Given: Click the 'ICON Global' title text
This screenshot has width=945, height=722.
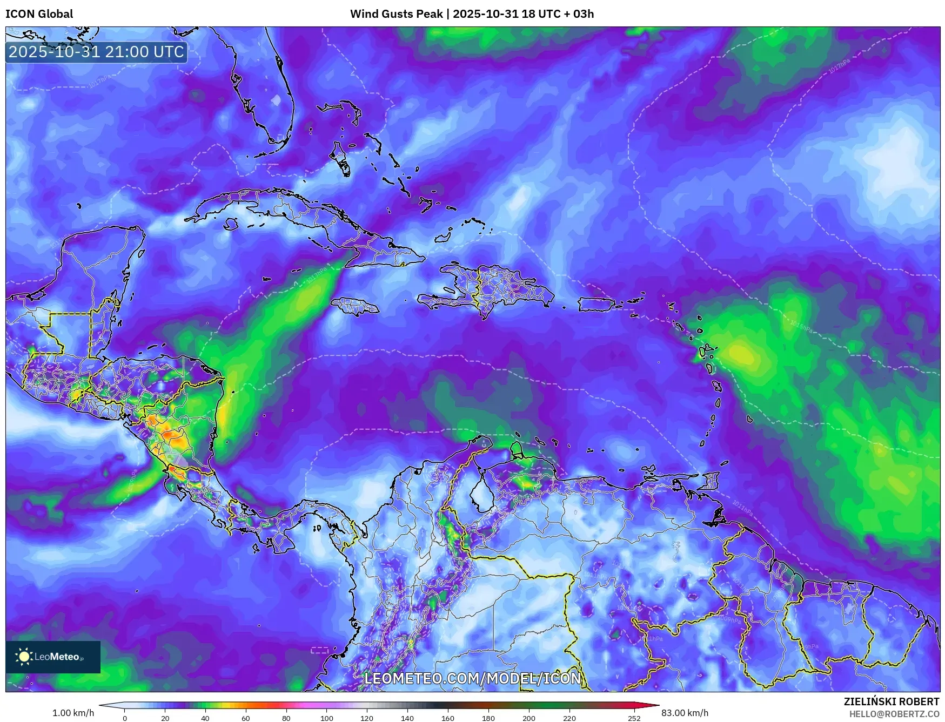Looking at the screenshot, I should click(39, 14).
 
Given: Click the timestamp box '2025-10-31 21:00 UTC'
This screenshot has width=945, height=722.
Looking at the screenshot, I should click(96, 52).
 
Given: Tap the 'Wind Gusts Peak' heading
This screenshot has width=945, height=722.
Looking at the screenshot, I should click(396, 14).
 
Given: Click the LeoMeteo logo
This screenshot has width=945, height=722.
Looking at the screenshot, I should click(53, 657).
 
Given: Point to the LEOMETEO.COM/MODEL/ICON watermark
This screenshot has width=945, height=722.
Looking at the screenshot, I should click(473, 678).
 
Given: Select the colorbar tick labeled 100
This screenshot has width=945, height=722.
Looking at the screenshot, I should click(326, 718).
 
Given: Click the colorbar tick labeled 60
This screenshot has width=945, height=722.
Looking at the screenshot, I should click(246, 718).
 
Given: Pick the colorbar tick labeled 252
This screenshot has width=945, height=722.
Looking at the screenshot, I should click(634, 718).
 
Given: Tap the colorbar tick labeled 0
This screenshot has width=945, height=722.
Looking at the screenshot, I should click(125, 718).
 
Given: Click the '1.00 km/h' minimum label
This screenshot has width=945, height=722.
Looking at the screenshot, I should click(73, 713).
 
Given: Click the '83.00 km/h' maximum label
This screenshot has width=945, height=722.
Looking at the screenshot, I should click(685, 713).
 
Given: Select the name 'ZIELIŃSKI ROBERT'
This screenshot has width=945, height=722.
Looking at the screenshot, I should click(891, 701).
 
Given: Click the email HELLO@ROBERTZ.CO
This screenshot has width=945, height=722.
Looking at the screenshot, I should click(894, 714).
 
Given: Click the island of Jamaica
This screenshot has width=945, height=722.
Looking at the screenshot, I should click(354, 307).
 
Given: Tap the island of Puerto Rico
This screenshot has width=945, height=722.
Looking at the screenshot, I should click(597, 304).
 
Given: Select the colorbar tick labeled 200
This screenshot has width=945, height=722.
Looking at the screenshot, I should click(529, 718).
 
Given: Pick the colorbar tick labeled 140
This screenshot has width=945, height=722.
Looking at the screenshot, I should click(407, 718).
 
